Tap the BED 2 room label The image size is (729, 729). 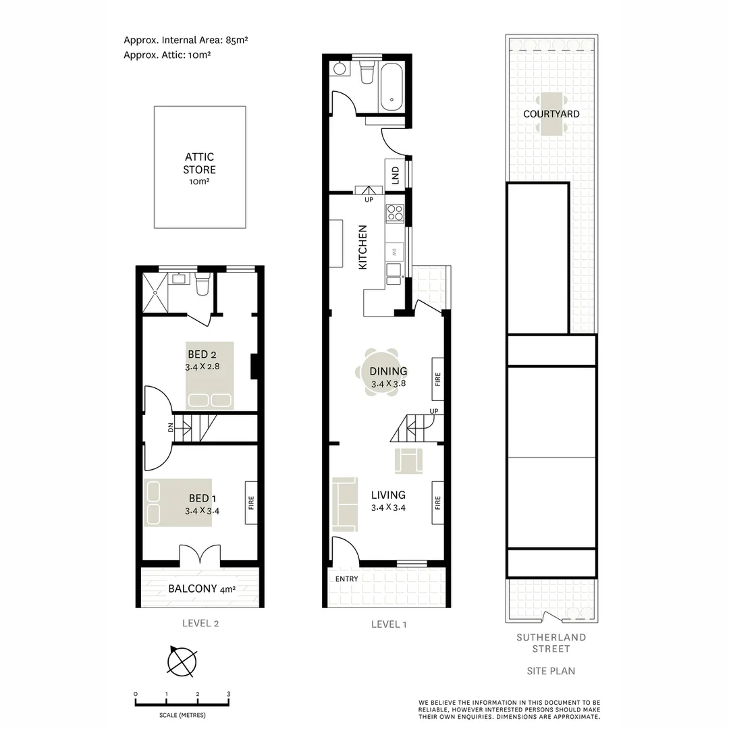click(x=202, y=355)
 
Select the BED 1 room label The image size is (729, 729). click(x=202, y=499)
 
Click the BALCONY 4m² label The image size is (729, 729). click(x=202, y=589)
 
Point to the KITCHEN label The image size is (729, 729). click(x=362, y=247)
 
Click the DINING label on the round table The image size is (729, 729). click(x=388, y=371)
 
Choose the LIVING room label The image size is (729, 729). click(x=388, y=495)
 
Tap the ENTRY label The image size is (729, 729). click(x=346, y=578)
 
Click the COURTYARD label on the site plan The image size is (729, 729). click(x=551, y=114)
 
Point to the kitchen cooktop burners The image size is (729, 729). click(x=394, y=214)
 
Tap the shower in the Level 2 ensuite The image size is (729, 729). click(x=155, y=292)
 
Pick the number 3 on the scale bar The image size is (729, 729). click(x=229, y=694)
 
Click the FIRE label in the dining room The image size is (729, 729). click(x=437, y=379)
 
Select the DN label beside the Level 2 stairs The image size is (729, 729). click(x=171, y=427)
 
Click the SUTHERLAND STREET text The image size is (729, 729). click(x=551, y=643)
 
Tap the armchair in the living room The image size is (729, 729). click(x=410, y=462)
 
